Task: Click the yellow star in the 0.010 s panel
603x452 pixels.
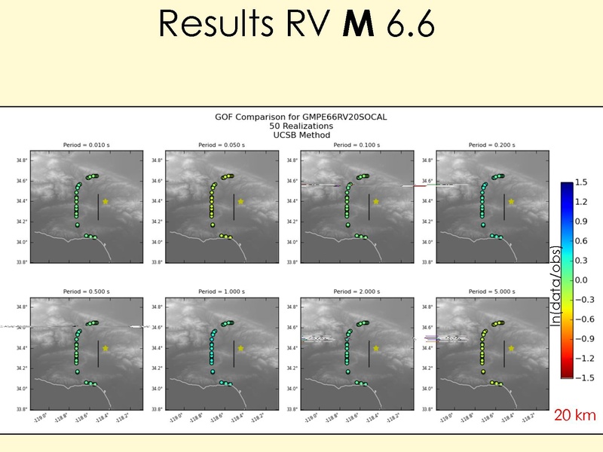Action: point(106,201)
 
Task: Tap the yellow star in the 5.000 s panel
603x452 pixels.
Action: point(512,348)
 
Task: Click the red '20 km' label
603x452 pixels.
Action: point(574,415)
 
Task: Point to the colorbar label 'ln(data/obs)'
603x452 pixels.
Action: point(556,286)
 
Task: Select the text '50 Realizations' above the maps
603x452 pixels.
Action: point(301,126)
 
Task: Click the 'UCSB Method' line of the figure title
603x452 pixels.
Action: point(301,135)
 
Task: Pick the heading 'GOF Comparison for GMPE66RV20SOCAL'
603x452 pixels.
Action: point(301,117)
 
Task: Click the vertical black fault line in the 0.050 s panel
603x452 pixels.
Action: point(234,206)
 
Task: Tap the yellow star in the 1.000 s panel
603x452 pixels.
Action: point(240,348)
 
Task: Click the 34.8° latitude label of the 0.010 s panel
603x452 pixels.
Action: point(23,160)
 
